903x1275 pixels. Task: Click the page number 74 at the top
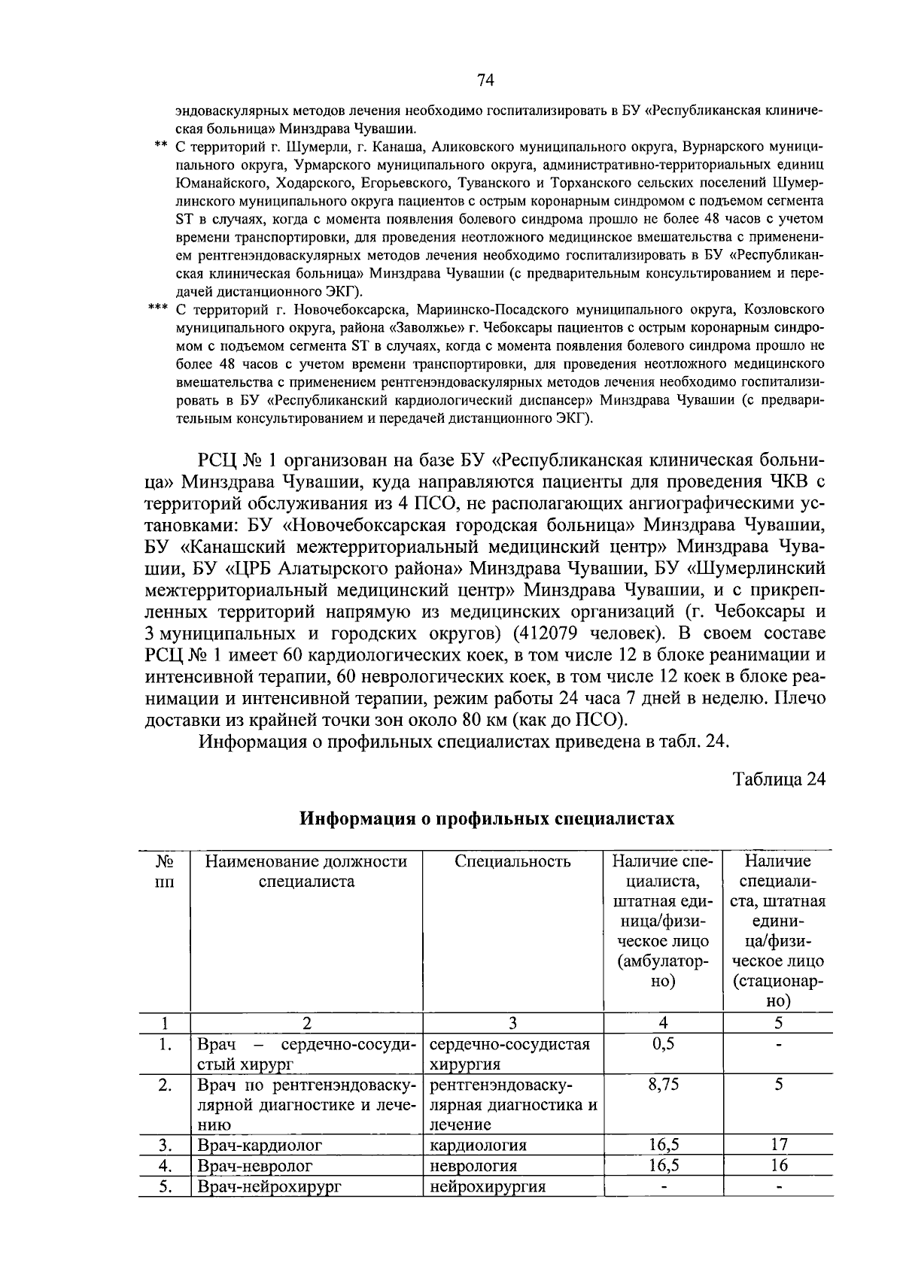pyautogui.click(x=485, y=80)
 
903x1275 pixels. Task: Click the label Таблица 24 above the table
pyautogui.click(x=779, y=779)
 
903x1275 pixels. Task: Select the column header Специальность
pyautogui.click(x=512, y=862)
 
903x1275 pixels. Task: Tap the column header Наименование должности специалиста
pyautogui.click(x=306, y=872)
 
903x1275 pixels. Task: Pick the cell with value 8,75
pyautogui.click(x=663, y=1085)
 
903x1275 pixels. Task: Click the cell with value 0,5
pyautogui.click(x=663, y=1044)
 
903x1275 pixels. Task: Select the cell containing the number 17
pyautogui.click(x=779, y=1145)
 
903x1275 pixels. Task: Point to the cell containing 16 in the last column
pyautogui.click(x=779, y=1165)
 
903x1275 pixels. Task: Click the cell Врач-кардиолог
pyautogui.click(x=260, y=1145)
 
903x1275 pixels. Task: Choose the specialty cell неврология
pyautogui.click(x=473, y=1166)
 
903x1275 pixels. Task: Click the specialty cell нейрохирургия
pyautogui.click(x=487, y=1186)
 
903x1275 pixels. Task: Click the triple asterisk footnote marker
pyautogui.click(x=157, y=309)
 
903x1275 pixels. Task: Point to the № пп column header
pyautogui.click(x=164, y=872)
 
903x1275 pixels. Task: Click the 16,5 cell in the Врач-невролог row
pyautogui.click(x=663, y=1165)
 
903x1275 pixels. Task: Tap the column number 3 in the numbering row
pyautogui.click(x=512, y=1023)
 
